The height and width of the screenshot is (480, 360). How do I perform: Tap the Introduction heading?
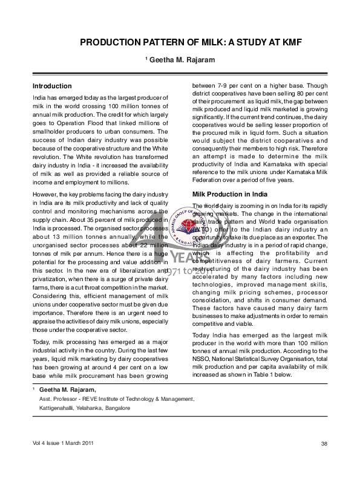[52, 86]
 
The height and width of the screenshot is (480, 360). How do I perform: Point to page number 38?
[324, 444]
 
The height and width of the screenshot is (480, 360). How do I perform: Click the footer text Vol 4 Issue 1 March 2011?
[64, 444]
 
